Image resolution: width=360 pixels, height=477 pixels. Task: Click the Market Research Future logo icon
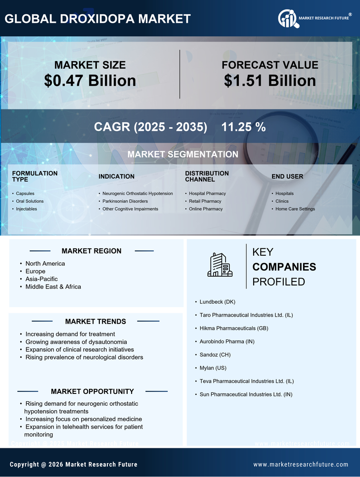click(287, 19)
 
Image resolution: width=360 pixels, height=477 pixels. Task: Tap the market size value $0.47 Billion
click(90, 81)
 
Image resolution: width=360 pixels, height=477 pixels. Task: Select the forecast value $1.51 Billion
click(270, 81)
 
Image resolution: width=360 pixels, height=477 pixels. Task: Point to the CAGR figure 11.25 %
click(243, 127)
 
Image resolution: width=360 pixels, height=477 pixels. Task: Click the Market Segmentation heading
click(182, 154)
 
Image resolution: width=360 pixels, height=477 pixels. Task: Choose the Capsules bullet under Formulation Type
click(25, 193)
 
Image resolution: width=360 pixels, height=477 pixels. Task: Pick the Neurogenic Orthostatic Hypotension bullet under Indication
click(137, 193)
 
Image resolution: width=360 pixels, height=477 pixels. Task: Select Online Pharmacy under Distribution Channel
click(206, 209)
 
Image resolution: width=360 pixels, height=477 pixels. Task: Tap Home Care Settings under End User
click(295, 209)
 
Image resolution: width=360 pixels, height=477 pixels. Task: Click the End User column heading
click(287, 176)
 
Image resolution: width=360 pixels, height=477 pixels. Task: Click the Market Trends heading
click(95, 321)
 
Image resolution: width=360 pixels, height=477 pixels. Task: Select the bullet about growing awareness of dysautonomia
click(76, 342)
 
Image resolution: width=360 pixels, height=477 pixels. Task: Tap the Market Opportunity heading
click(92, 391)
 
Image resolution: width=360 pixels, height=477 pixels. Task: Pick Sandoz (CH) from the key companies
click(215, 355)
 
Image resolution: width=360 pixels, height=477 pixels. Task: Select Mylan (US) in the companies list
click(213, 368)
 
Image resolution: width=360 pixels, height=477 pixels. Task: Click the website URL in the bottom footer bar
click(301, 464)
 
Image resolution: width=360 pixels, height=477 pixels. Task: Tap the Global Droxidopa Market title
click(97, 19)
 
